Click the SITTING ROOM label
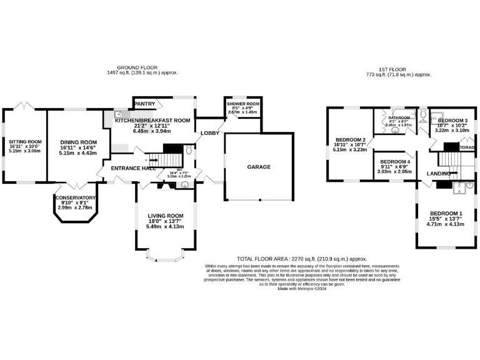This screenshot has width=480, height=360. (x=25, y=142)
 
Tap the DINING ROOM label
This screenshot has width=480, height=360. (x=79, y=142)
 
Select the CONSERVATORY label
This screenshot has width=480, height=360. (x=75, y=198)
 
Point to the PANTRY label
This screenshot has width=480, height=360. (x=144, y=104)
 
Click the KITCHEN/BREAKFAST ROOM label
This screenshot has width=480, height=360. (x=152, y=120)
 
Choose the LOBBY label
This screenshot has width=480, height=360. (x=209, y=134)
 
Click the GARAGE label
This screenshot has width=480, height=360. (x=259, y=167)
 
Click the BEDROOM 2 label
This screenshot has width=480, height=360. (x=350, y=139)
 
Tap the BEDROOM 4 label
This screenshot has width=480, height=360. (x=394, y=161)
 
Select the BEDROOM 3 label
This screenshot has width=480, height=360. (x=452, y=120)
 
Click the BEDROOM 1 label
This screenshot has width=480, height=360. (x=445, y=214)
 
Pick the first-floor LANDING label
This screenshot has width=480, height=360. (x=439, y=173)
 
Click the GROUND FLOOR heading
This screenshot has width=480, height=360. (x=137, y=67)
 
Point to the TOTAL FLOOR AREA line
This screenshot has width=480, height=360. (x=302, y=258)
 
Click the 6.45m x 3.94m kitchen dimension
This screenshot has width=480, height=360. (x=152, y=131)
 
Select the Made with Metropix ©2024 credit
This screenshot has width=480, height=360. (x=302, y=288)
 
